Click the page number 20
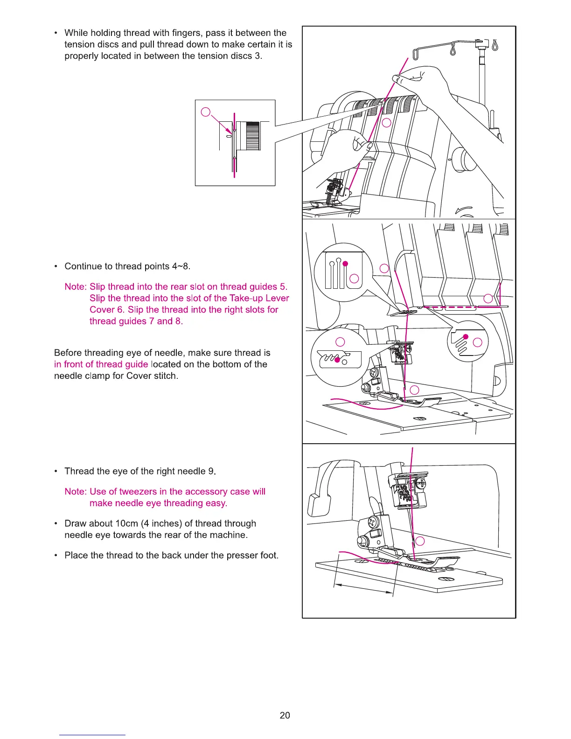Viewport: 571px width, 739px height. click(x=285, y=715)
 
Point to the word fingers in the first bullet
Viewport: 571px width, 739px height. click(x=186, y=33)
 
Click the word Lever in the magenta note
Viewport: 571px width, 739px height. click(x=277, y=298)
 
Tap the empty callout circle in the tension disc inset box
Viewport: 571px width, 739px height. click(x=205, y=112)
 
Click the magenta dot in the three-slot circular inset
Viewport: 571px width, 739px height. click(x=345, y=264)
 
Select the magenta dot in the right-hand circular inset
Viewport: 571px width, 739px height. click(x=466, y=336)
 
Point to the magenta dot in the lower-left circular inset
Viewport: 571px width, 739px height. click(x=337, y=360)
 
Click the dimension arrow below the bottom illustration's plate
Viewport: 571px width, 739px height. click(x=364, y=589)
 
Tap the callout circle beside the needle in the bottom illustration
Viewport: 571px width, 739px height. click(x=420, y=541)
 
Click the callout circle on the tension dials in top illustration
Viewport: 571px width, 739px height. click(x=386, y=123)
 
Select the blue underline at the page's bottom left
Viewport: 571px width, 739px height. click(x=92, y=735)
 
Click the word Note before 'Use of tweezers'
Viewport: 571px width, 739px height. click(x=75, y=492)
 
